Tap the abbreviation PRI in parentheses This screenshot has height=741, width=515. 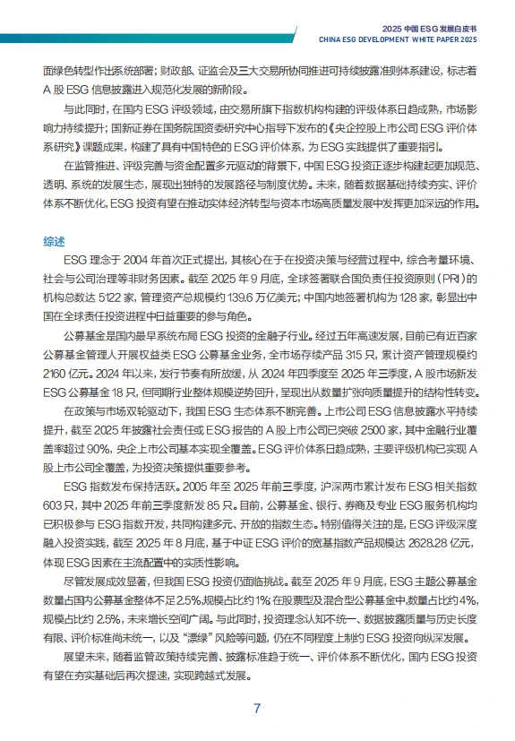[457, 280]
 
